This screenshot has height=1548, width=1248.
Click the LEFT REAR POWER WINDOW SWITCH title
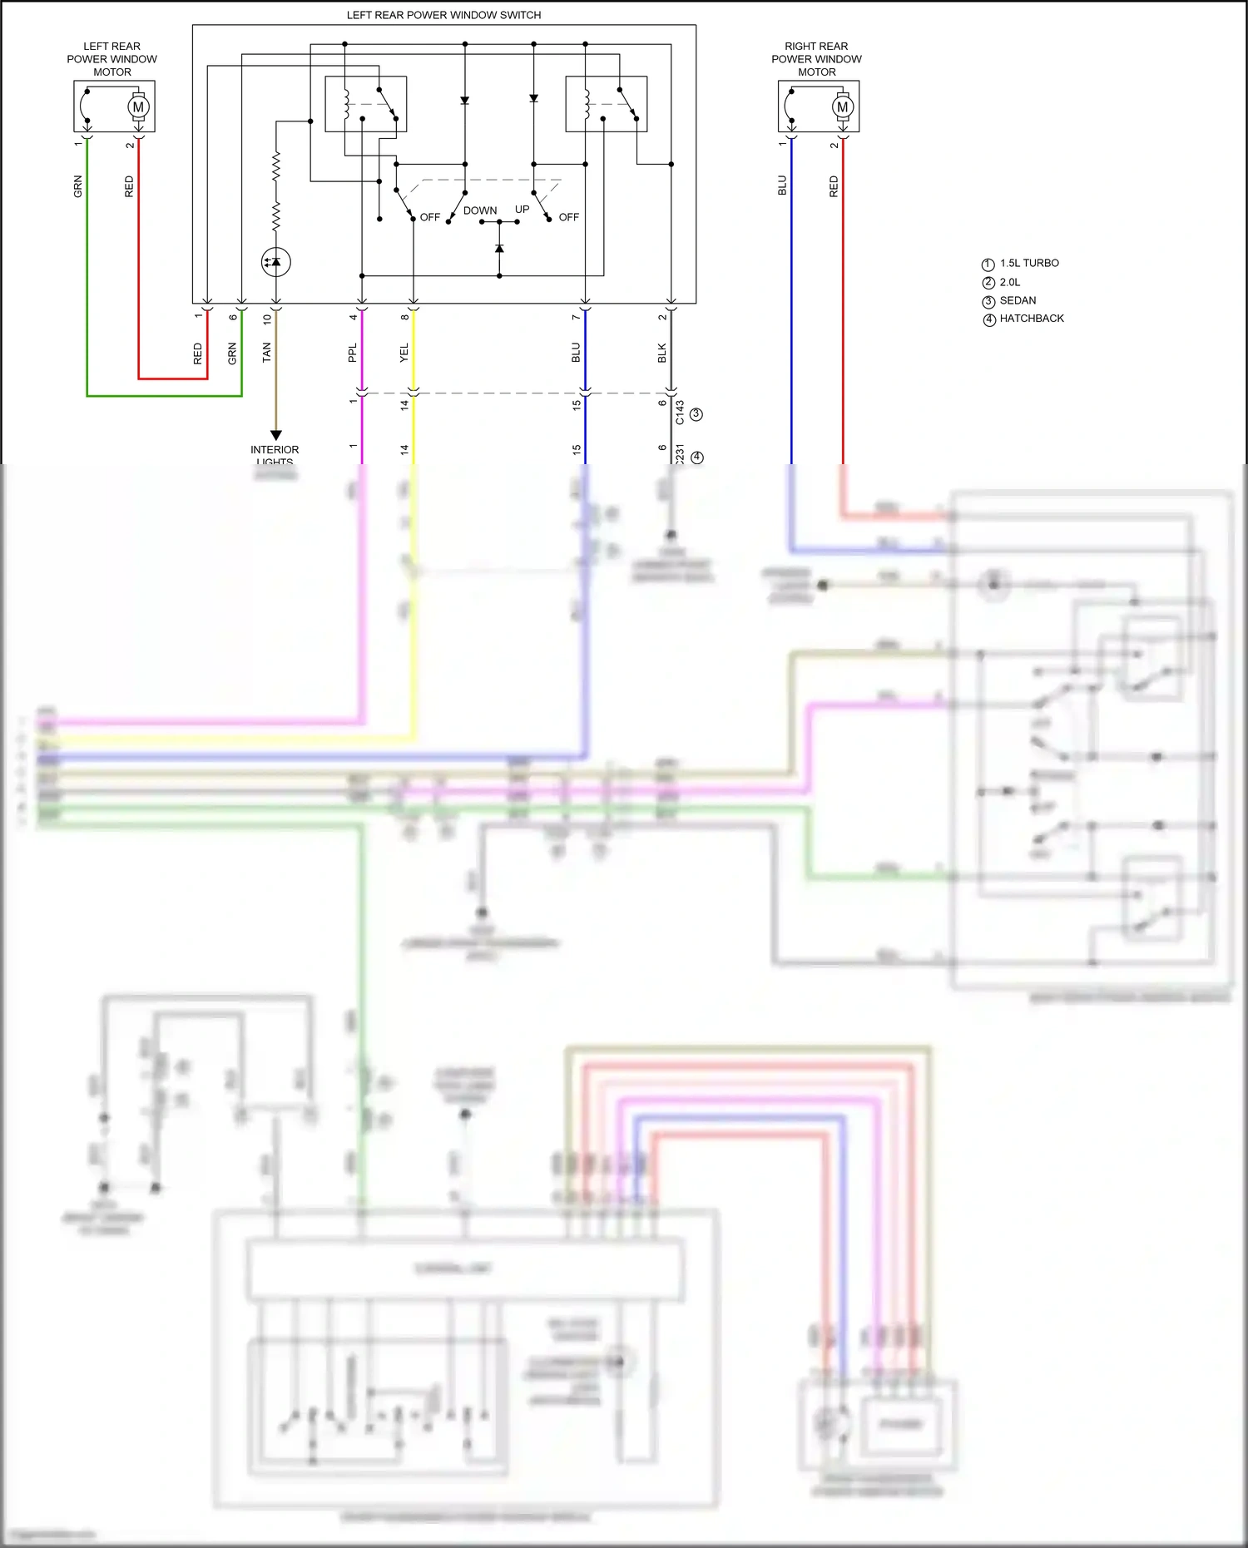(x=443, y=15)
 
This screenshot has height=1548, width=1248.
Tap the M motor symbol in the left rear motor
(x=138, y=106)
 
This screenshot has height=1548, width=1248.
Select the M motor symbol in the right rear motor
(x=843, y=106)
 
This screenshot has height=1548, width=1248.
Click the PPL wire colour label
(x=353, y=353)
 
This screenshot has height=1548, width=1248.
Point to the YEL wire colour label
(x=404, y=353)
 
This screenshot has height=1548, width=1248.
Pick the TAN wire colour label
(x=267, y=353)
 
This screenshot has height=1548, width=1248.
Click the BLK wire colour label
(x=662, y=354)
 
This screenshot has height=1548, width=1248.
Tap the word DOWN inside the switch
(x=480, y=210)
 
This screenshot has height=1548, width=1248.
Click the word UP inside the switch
(x=522, y=209)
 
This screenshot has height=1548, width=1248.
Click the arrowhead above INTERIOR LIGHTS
(x=276, y=435)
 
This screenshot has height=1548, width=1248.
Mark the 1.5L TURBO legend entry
(x=1028, y=263)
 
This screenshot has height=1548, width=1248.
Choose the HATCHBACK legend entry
(x=1032, y=319)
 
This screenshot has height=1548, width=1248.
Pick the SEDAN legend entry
(x=1018, y=300)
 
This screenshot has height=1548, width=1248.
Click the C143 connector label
(x=680, y=413)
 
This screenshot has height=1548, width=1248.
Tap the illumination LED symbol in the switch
(x=276, y=262)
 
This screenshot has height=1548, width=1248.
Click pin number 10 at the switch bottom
(x=267, y=317)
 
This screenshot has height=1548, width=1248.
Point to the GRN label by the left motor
(x=78, y=186)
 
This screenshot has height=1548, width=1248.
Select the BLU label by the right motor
(x=782, y=185)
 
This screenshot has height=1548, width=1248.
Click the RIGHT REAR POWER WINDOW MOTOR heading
(x=816, y=59)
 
